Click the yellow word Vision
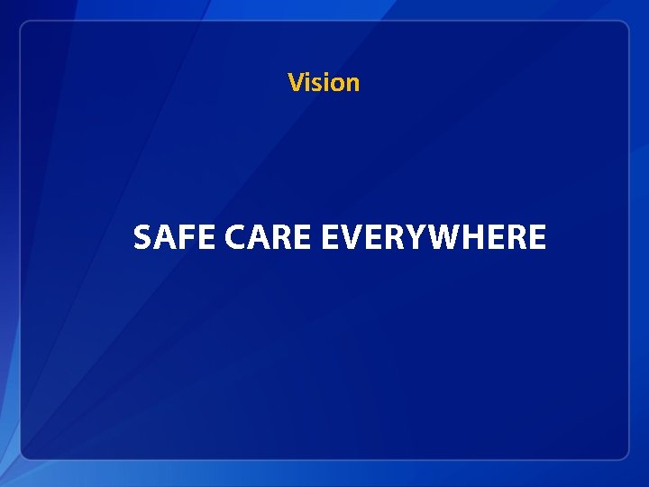(x=324, y=83)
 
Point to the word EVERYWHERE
(x=433, y=238)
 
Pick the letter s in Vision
(x=318, y=84)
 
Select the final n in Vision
(x=352, y=84)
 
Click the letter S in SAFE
(x=142, y=238)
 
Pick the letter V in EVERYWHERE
(x=347, y=238)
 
